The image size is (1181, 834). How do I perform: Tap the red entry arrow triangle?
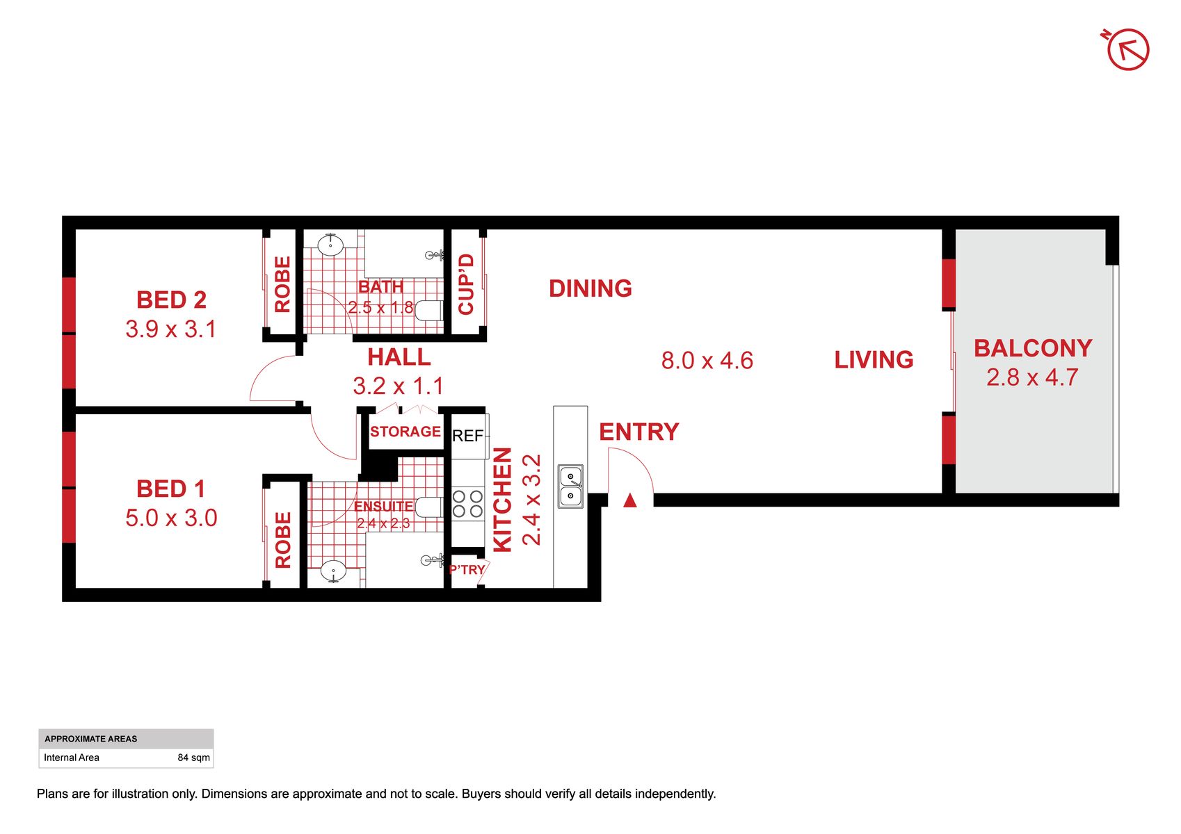point(630,500)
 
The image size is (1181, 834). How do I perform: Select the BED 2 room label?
point(171,300)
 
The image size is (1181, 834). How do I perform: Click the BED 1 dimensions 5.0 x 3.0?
point(171,518)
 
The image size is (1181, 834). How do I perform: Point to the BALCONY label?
point(1033,348)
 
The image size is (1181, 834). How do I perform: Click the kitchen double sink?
point(570,486)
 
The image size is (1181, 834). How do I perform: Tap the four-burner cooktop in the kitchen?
point(467,504)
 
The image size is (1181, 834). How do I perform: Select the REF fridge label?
point(467,436)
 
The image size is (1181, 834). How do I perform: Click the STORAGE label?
point(405,432)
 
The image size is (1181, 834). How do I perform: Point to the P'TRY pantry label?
point(467,569)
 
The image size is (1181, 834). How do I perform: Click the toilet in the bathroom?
point(429,310)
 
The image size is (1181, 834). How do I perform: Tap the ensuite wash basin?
point(333,571)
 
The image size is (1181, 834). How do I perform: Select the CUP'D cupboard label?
point(466,284)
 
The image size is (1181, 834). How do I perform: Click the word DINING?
point(590,288)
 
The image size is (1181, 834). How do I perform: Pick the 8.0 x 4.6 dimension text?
point(707,361)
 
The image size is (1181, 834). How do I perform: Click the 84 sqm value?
point(193,758)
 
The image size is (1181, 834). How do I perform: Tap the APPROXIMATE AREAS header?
point(90,739)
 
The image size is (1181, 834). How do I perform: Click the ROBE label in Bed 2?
point(282,284)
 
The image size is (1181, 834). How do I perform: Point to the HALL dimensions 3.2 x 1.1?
point(398,386)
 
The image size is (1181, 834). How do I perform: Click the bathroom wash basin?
point(330,245)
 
